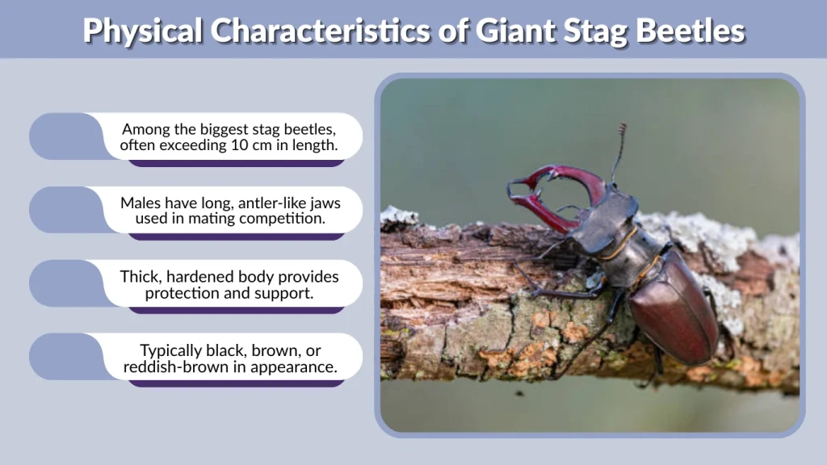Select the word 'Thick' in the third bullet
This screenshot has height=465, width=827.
139,276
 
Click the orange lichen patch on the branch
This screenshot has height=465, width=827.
525,355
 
